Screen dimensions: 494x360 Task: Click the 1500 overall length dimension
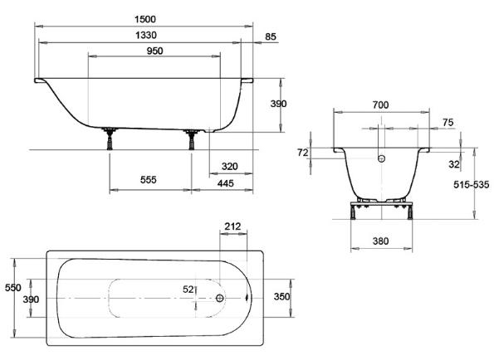click(x=145, y=20)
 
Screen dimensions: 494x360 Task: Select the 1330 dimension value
click(x=146, y=35)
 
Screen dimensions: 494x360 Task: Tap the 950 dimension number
click(x=154, y=51)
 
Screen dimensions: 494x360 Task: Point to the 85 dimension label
click(x=271, y=36)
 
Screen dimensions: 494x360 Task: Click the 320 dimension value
click(x=230, y=167)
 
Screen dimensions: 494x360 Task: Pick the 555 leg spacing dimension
click(x=149, y=180)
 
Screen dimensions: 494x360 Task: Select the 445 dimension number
click(x=226, y=183)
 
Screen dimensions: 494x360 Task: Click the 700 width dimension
click(x=380, y=105)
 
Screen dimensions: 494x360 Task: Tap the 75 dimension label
click(x=448, y=122)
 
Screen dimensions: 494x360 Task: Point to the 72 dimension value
click(x=303, y=153)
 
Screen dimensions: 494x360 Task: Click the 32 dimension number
click(x=454, y=164)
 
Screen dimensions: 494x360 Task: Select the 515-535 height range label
click(x=472, y=185)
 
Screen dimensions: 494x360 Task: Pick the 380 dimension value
click(x=380, y=241)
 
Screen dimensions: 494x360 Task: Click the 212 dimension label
click(x=232, y=226)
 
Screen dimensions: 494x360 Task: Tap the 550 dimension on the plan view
click(x=13, y=288)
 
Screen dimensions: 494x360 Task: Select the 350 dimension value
click(x=281, y=296)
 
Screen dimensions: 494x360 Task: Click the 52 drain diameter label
click(x=188, y=289)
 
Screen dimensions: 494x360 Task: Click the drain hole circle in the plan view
click(x=219, y=298)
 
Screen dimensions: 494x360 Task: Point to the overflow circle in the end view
click(x=382, y=158)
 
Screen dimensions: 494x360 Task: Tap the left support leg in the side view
click(x=110, y=139)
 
